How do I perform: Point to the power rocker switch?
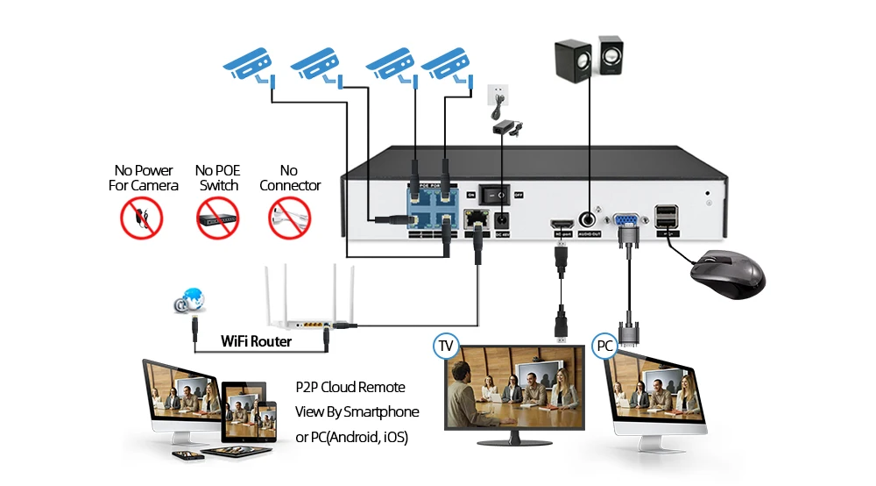(498, 194)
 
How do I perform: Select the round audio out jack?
(589, 218)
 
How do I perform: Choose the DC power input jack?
(503, 220)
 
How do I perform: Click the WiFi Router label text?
(256, 340)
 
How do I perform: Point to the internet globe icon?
(191, 301)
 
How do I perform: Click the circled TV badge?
(447, 346)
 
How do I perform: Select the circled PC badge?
(604, 346)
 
